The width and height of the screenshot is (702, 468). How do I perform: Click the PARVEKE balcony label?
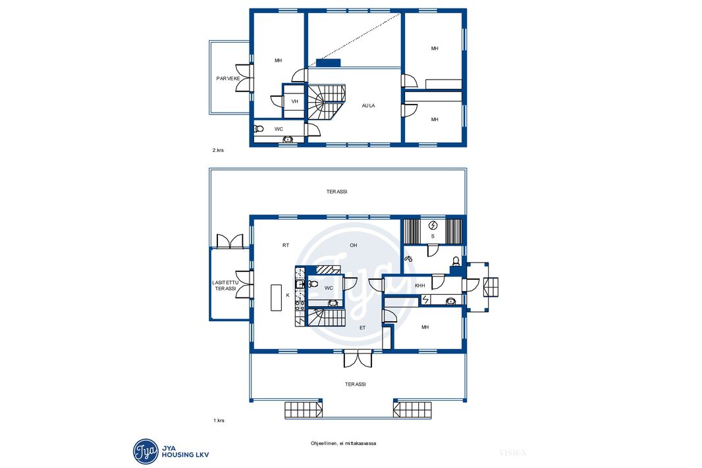coord(228,78)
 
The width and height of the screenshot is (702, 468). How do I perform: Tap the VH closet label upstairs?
coord(294,101)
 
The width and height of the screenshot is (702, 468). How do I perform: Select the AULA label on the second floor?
coord(369,105)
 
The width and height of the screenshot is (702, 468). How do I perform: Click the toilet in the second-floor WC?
coord(258,129)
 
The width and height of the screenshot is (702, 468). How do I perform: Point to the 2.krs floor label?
coord(218,150)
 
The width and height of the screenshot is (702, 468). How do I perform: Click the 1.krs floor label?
coord(219,421)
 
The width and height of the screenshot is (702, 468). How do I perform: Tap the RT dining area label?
coord(286,245)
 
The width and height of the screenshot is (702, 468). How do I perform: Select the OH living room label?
coord(353,245)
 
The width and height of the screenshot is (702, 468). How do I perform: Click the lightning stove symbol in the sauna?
coord(433,226)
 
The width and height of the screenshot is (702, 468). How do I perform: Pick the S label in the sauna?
coord(433,236)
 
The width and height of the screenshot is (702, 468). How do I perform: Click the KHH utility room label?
coord(420,286)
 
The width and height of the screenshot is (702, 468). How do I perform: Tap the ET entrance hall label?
coord(363,328)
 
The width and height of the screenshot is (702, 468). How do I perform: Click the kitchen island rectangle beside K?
coord(276,298)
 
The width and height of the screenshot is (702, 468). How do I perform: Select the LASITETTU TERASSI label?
coord(226,286)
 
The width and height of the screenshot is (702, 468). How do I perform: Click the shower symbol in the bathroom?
coord(408,258)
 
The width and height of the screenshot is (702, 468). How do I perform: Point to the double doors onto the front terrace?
coord(358,358)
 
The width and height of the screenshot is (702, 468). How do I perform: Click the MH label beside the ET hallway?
coord(425,328)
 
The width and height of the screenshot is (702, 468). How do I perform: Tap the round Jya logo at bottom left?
coord(146,452)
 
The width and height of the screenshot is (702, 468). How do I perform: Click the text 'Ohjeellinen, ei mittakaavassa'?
coord(343,444)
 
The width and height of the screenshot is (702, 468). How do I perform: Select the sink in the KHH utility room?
coord(450,301)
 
